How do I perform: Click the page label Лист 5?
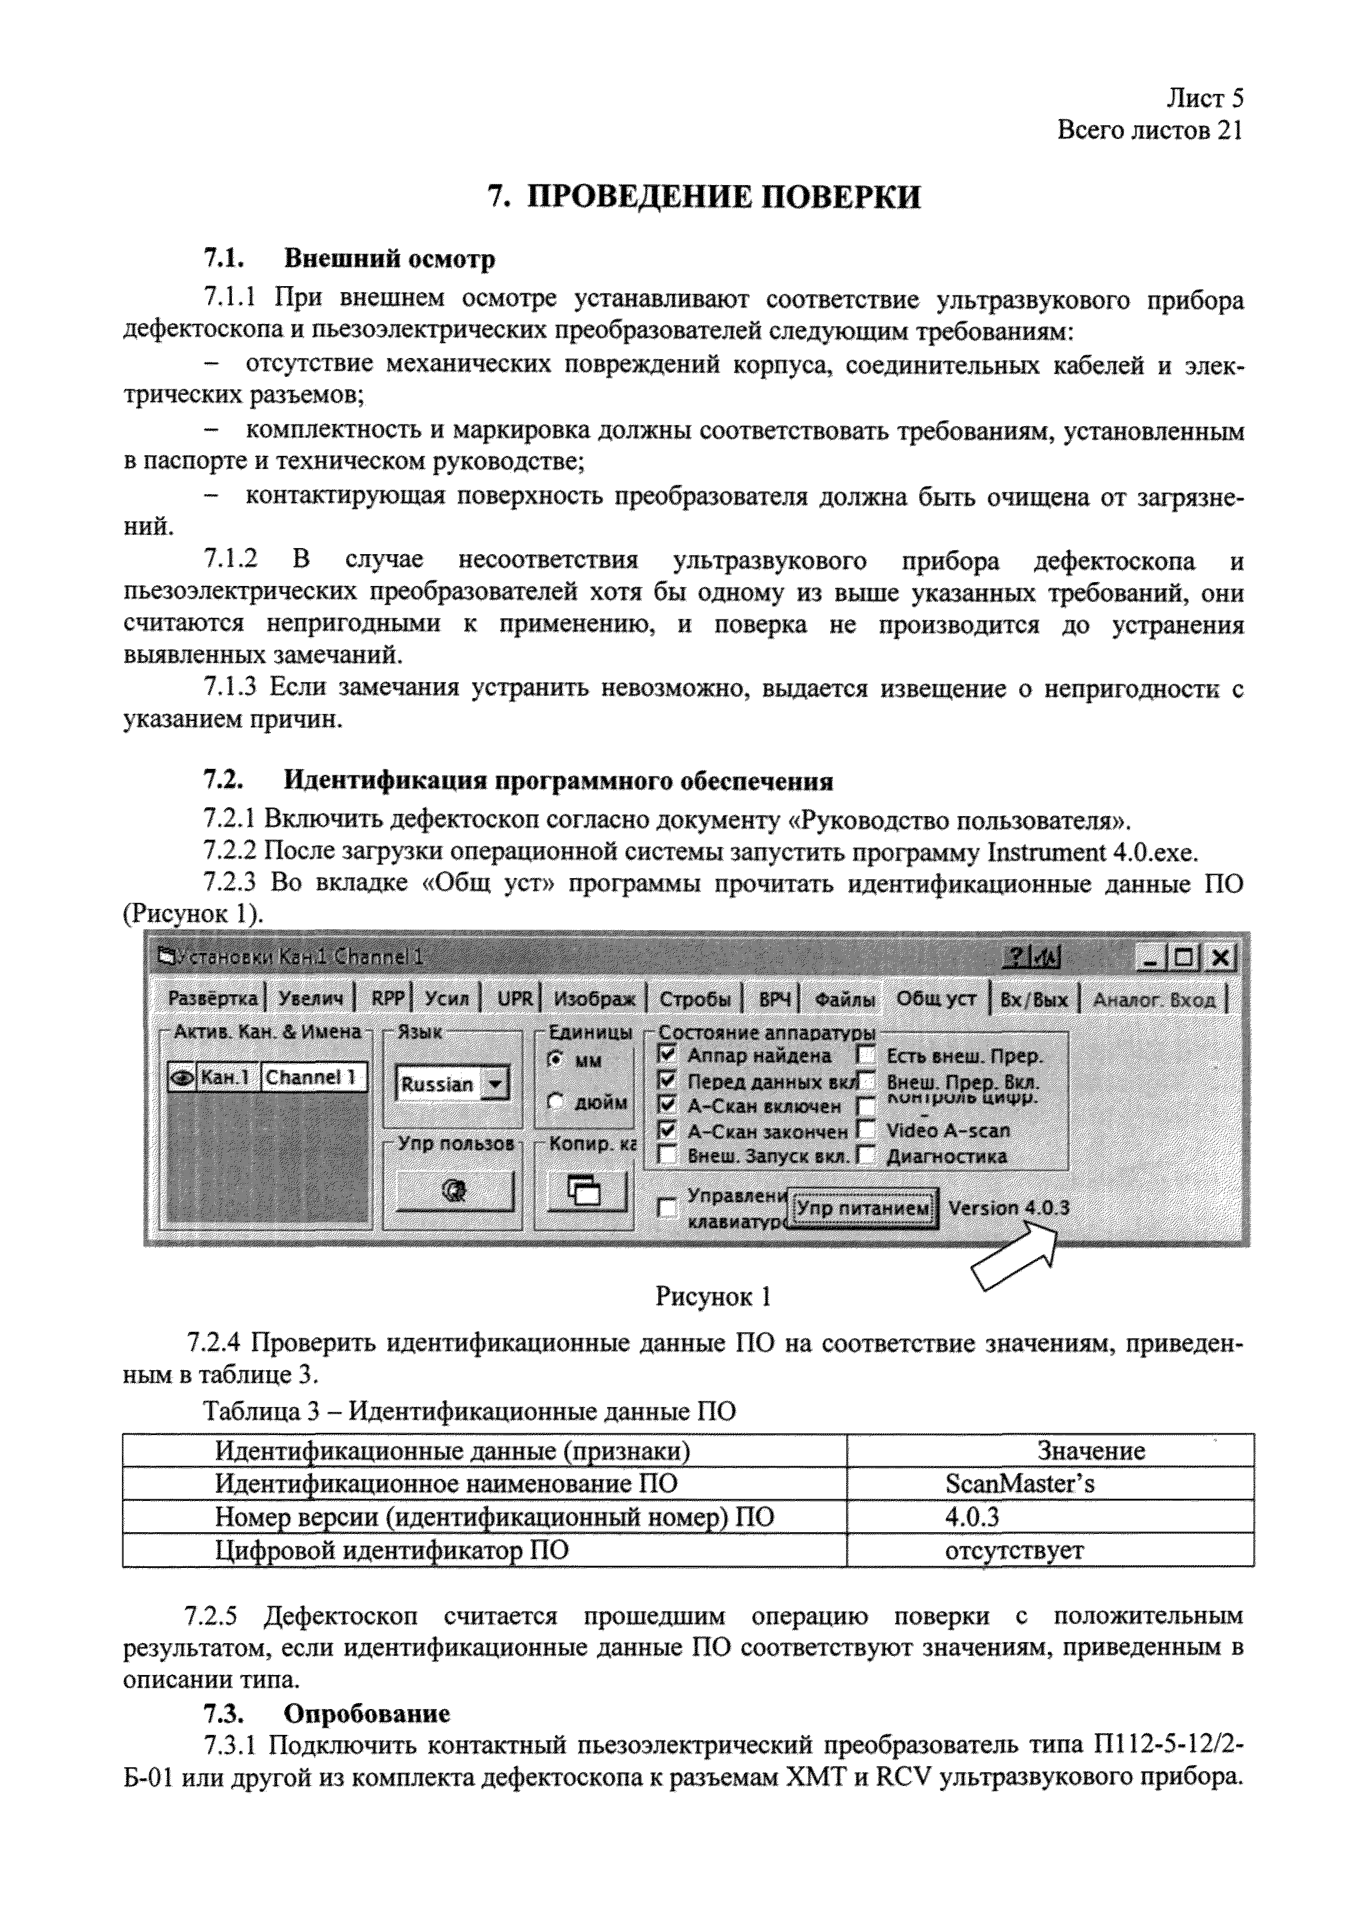[x=1204, y=99]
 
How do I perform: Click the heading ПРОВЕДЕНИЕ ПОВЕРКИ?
[x=704, y=197]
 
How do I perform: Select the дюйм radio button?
[x=555, y=1102]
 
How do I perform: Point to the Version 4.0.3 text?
[x=1009, y=1208]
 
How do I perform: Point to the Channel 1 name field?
[x=312, y=1077]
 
